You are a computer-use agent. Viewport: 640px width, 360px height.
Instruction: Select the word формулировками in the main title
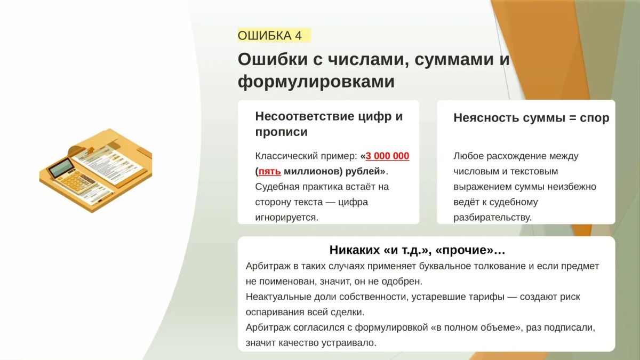[316, 82]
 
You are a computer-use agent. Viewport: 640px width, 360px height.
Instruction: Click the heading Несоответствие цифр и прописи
[329, 124]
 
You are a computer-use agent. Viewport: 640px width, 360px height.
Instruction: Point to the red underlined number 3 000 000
[387, 156]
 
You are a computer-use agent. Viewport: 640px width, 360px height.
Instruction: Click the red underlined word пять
[269, 171]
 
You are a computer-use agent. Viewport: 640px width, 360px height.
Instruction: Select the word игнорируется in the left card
[286, 218]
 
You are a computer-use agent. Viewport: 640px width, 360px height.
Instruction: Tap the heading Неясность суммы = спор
[531, 118]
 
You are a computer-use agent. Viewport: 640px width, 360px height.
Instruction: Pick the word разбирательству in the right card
[493, 218]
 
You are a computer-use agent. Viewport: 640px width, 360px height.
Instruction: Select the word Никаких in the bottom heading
[354, 250]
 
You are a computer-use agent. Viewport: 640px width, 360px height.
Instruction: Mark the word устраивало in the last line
[349, 343]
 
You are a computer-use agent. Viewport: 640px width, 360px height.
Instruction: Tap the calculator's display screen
[61, 167]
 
